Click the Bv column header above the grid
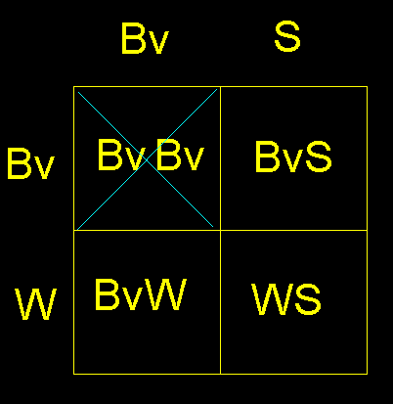(145, 39)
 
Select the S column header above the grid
(287, 36)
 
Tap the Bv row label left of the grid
(30, 163)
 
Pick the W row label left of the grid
(36, 304)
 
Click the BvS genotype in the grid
(293, 157)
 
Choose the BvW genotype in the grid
(141, 294)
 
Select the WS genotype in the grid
(286, 298)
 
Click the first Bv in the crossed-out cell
(121, 155)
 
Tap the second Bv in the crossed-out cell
(180, 155)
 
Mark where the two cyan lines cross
(147, 159)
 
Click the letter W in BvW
(167, 294)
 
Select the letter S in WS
(307, 298)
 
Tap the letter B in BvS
(267, 157)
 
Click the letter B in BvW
(107, 294)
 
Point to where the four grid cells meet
(221, 230)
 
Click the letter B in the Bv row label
(19, 163)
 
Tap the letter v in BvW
(132, 298)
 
